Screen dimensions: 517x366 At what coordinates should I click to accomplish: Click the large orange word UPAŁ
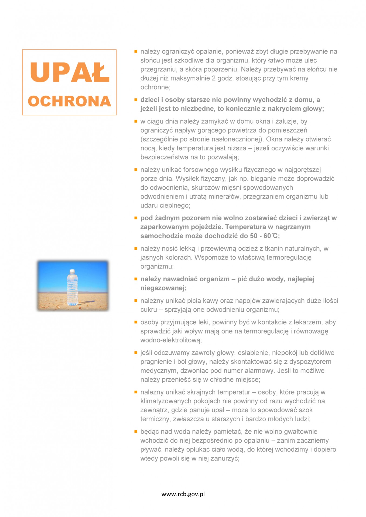pyautogui.click(x=70, y=72)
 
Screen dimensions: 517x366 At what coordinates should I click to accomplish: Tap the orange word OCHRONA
pyautogui.click(x=69, y=101)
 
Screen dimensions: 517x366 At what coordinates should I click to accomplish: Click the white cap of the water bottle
pyautogui.click(x=72, y=271)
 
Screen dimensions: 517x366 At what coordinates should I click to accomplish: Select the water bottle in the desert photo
pyautogui.click(x=72, y=288)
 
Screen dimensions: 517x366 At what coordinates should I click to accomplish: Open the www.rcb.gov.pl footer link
pyautogui.click(x=183, y=494)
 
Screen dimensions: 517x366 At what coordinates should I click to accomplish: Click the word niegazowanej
pyautogui.click(x=163, y=288)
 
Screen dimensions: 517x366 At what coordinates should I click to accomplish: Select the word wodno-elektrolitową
pyautogui.click(x=171, y=340)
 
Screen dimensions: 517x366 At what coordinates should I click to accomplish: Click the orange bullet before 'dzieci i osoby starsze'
pyautogui.click(x=136, y=100)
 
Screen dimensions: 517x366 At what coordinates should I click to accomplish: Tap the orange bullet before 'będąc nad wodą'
pyautogui.click(x=136, y=431)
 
